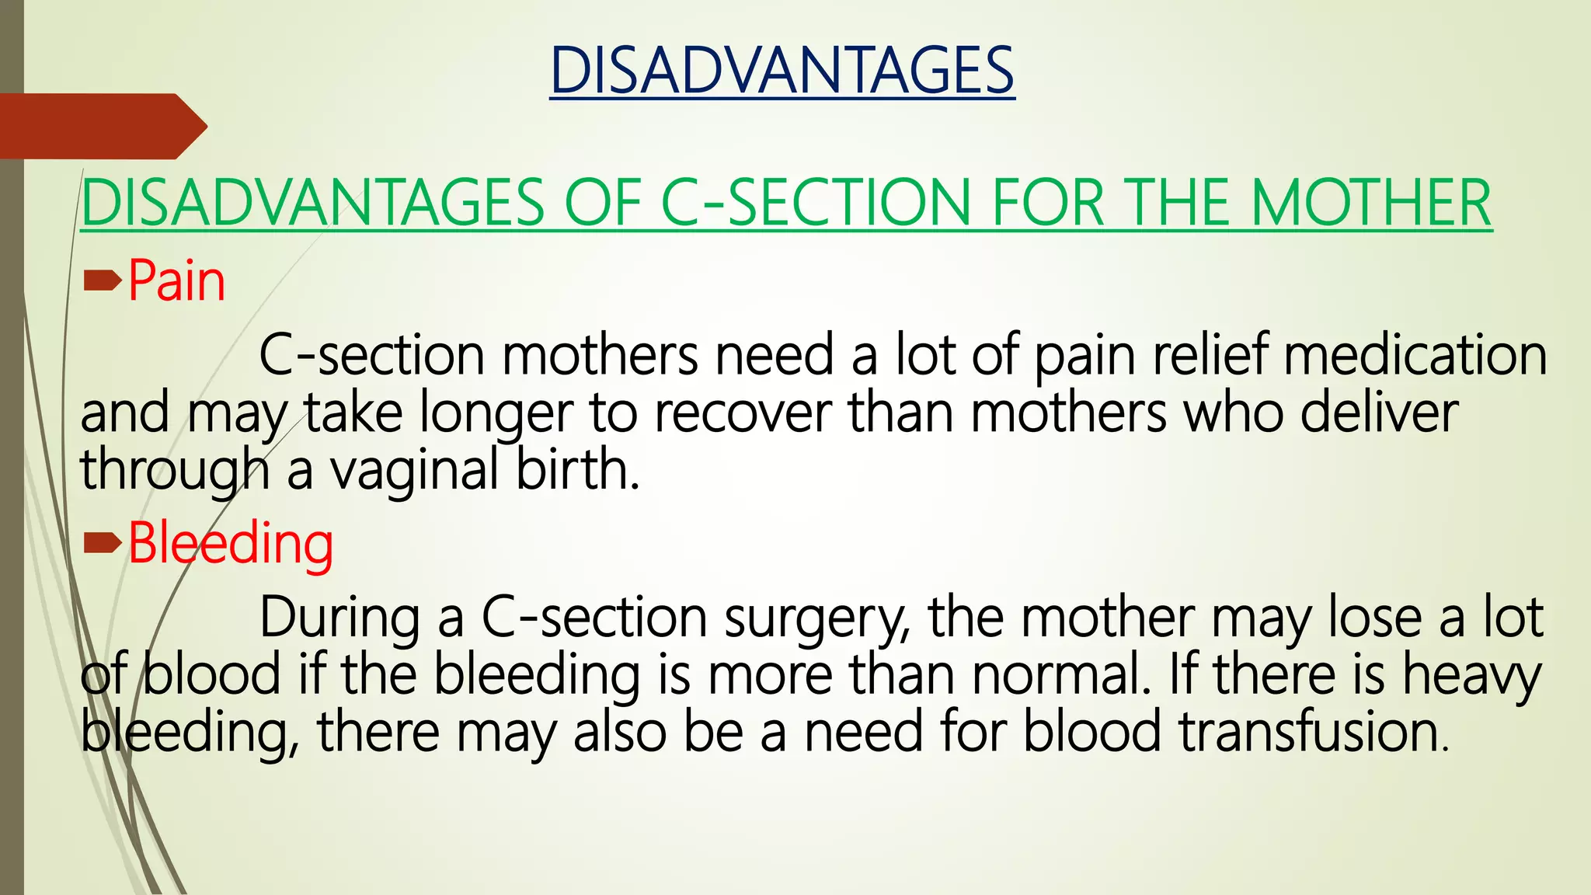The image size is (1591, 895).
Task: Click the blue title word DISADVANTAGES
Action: point(782,71)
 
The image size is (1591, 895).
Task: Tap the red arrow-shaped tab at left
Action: point(101,126)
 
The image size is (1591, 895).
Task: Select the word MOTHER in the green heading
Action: point(1371,204)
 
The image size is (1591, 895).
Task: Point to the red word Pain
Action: point(176,281)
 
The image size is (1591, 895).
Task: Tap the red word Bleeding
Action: point(231,543)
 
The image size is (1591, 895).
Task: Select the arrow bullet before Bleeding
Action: point(102,543)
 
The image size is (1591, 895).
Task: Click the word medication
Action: point(1415,356)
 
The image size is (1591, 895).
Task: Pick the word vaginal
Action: point(414,472)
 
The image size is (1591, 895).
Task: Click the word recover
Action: point(742,413)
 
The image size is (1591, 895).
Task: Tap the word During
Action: point(339,618)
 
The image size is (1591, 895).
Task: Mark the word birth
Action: point(578,471)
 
